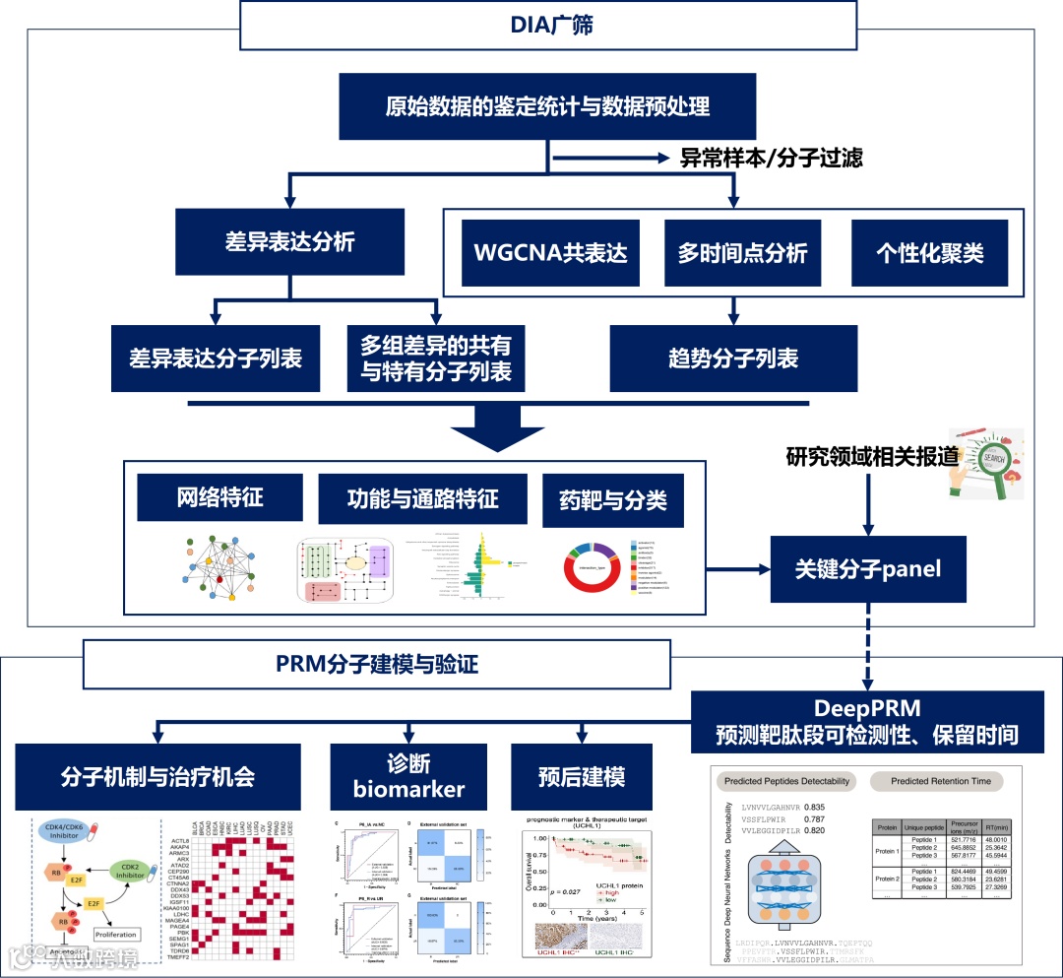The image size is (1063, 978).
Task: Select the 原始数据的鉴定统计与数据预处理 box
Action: tap(547, 106)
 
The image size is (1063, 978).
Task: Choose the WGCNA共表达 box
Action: tap(550, 252)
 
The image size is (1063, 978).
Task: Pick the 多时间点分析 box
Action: tap(742, 252)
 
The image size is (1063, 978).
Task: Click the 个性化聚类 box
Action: tap(929, 252)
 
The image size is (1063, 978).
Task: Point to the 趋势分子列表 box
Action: tap(733, 359)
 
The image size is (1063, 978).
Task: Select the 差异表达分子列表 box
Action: tap(216, 359)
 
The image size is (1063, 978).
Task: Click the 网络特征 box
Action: tap(219, 496)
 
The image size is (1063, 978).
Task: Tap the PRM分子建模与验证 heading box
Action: tap(377, 665)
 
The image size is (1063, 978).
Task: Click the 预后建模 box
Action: tap(582, 777)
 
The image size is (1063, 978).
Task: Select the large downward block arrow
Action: tap(496, 424)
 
